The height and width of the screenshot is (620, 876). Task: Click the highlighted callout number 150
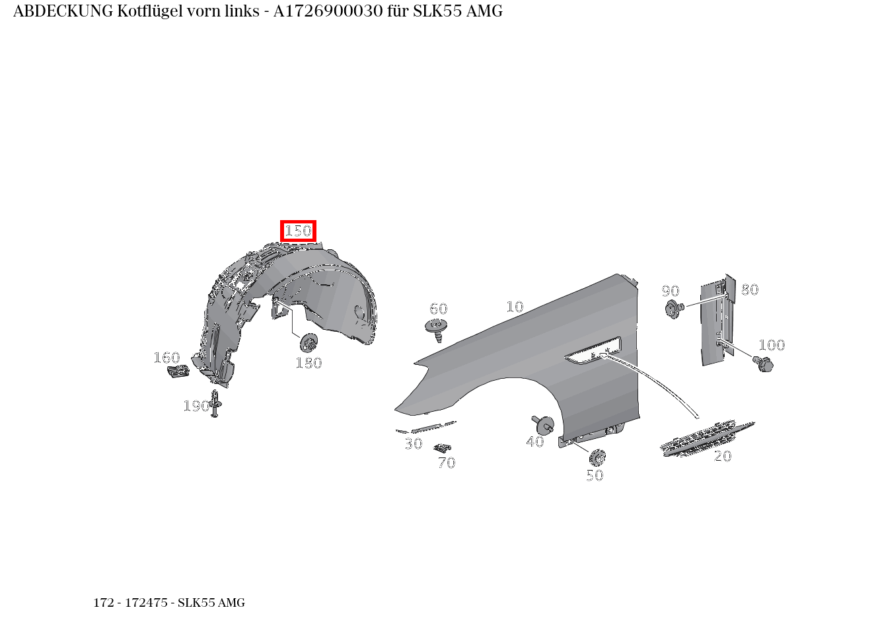point(298,231)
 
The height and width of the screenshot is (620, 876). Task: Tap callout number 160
point(166,358)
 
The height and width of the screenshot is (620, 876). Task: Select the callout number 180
point(309,363)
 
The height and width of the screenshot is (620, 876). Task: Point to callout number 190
point(196,406)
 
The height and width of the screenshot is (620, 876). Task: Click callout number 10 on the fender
point(515,307)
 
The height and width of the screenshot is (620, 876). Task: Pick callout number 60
point(439,309)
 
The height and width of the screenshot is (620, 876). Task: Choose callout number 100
point(772,345)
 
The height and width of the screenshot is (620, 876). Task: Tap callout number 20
point(722,456)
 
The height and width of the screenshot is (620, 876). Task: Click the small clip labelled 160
point(178,371)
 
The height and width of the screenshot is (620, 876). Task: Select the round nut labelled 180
point(309,343)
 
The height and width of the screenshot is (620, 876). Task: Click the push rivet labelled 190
point(214,403)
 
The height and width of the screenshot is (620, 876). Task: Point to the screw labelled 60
point(437,329)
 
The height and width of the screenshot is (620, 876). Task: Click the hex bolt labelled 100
point(763,364)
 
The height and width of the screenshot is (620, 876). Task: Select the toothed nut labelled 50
point(597,457)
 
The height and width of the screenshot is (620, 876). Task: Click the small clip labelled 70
point(443,447)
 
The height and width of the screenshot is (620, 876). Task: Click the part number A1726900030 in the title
point(328,11)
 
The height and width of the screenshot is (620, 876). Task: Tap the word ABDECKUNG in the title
point(63,11)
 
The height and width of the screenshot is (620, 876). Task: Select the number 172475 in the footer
point(146,603)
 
